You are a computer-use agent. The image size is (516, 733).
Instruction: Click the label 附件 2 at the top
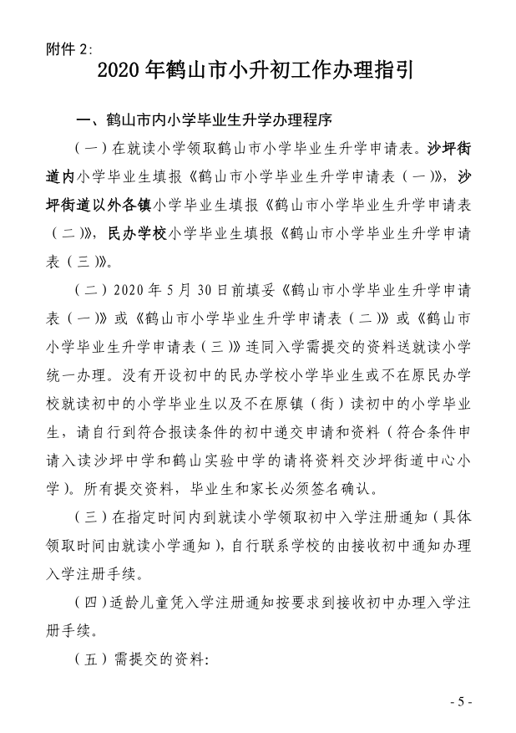point(71,48)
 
